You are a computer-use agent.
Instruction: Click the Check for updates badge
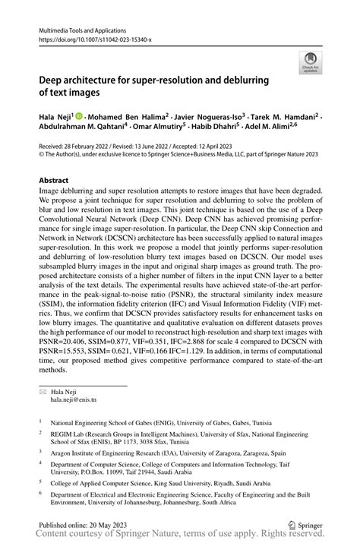tap(310, 63)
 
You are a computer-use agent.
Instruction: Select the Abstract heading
tap(54, 180)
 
